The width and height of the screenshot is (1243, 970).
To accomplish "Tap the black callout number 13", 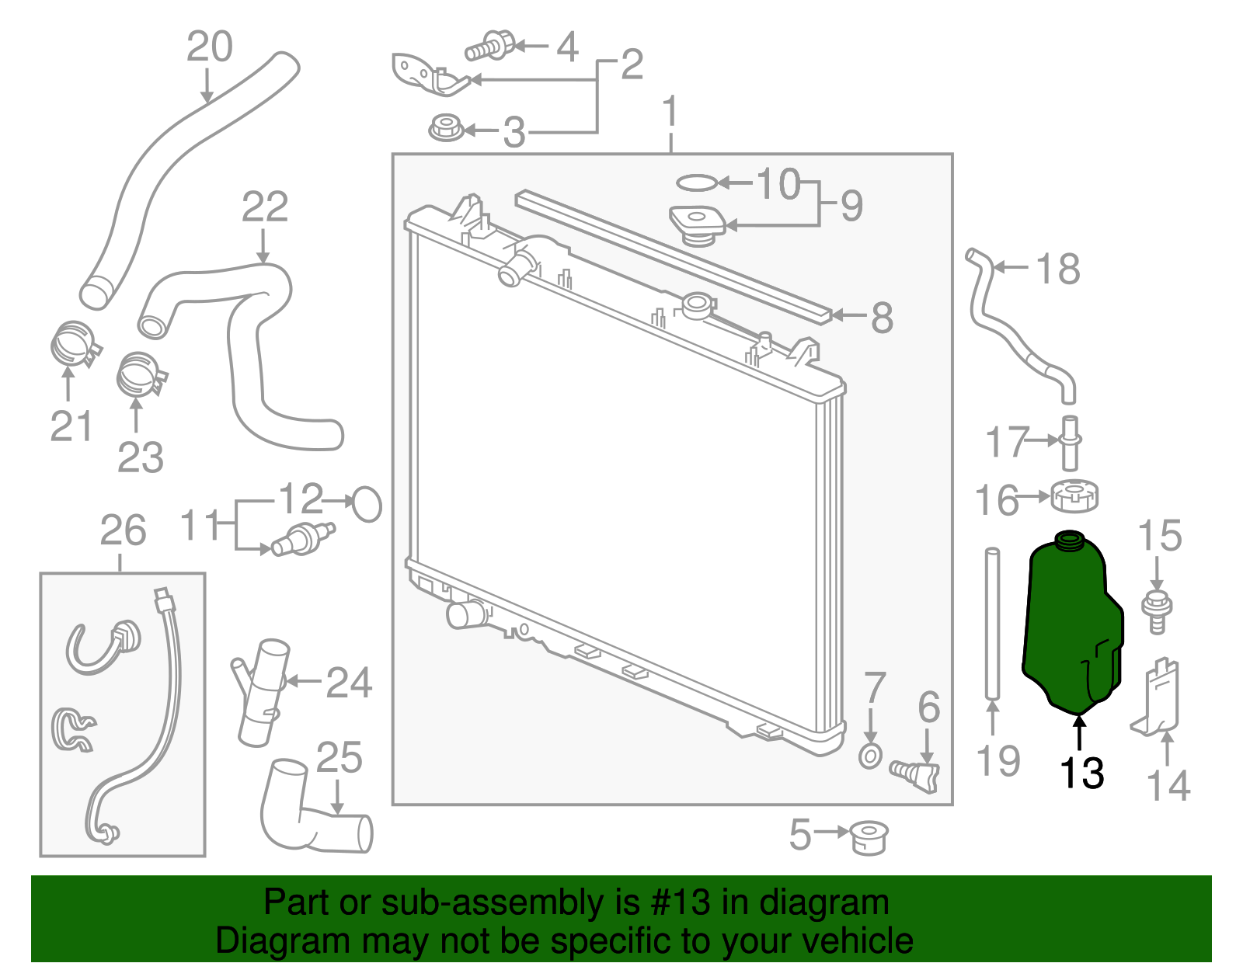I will click(1081, 773).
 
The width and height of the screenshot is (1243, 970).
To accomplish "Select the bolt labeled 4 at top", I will click(491, 46).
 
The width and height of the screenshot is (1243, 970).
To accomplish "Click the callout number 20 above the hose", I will click(209, 47).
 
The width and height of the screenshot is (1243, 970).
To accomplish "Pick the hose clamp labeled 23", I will click(140, 376).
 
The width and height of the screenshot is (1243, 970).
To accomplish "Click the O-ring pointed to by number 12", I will click(367, 505).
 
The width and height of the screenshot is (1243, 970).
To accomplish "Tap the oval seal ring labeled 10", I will click(695, 183).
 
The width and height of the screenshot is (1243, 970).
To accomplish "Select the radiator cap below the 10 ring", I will click(698, 224).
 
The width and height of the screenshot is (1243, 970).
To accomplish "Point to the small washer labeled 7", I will click(870, 755).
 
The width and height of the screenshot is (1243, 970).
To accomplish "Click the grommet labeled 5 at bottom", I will click(869, 837).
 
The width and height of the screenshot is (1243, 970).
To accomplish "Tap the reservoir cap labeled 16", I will click(1074, 496).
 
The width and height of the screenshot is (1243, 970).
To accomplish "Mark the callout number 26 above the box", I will click(123, 531).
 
